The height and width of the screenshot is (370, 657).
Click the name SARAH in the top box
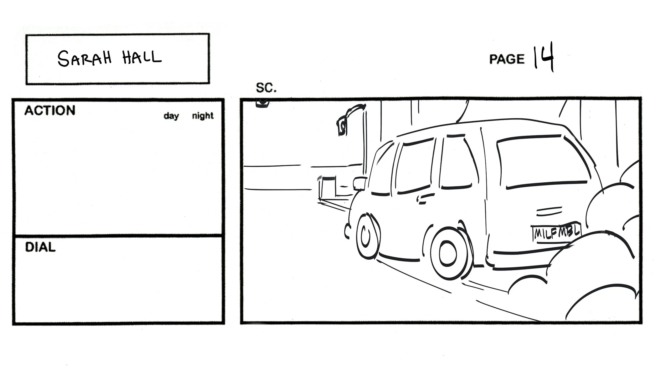coord(84,58)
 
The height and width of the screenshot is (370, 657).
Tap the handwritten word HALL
coord(142,57)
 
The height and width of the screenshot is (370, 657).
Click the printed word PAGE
coord(506,59)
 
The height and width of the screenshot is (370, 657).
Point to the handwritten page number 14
coord(543,57)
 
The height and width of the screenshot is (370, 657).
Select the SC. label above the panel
coord(266,88)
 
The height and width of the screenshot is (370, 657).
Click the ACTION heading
coord(50,111)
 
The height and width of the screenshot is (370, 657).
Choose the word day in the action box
coord(171,116)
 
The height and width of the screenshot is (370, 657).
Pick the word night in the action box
coord(203,116)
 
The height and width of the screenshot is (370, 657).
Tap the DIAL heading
coord(40,247)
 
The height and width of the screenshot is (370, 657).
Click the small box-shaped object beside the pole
coord(327,188)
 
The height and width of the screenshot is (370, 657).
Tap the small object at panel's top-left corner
coord(262,103)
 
